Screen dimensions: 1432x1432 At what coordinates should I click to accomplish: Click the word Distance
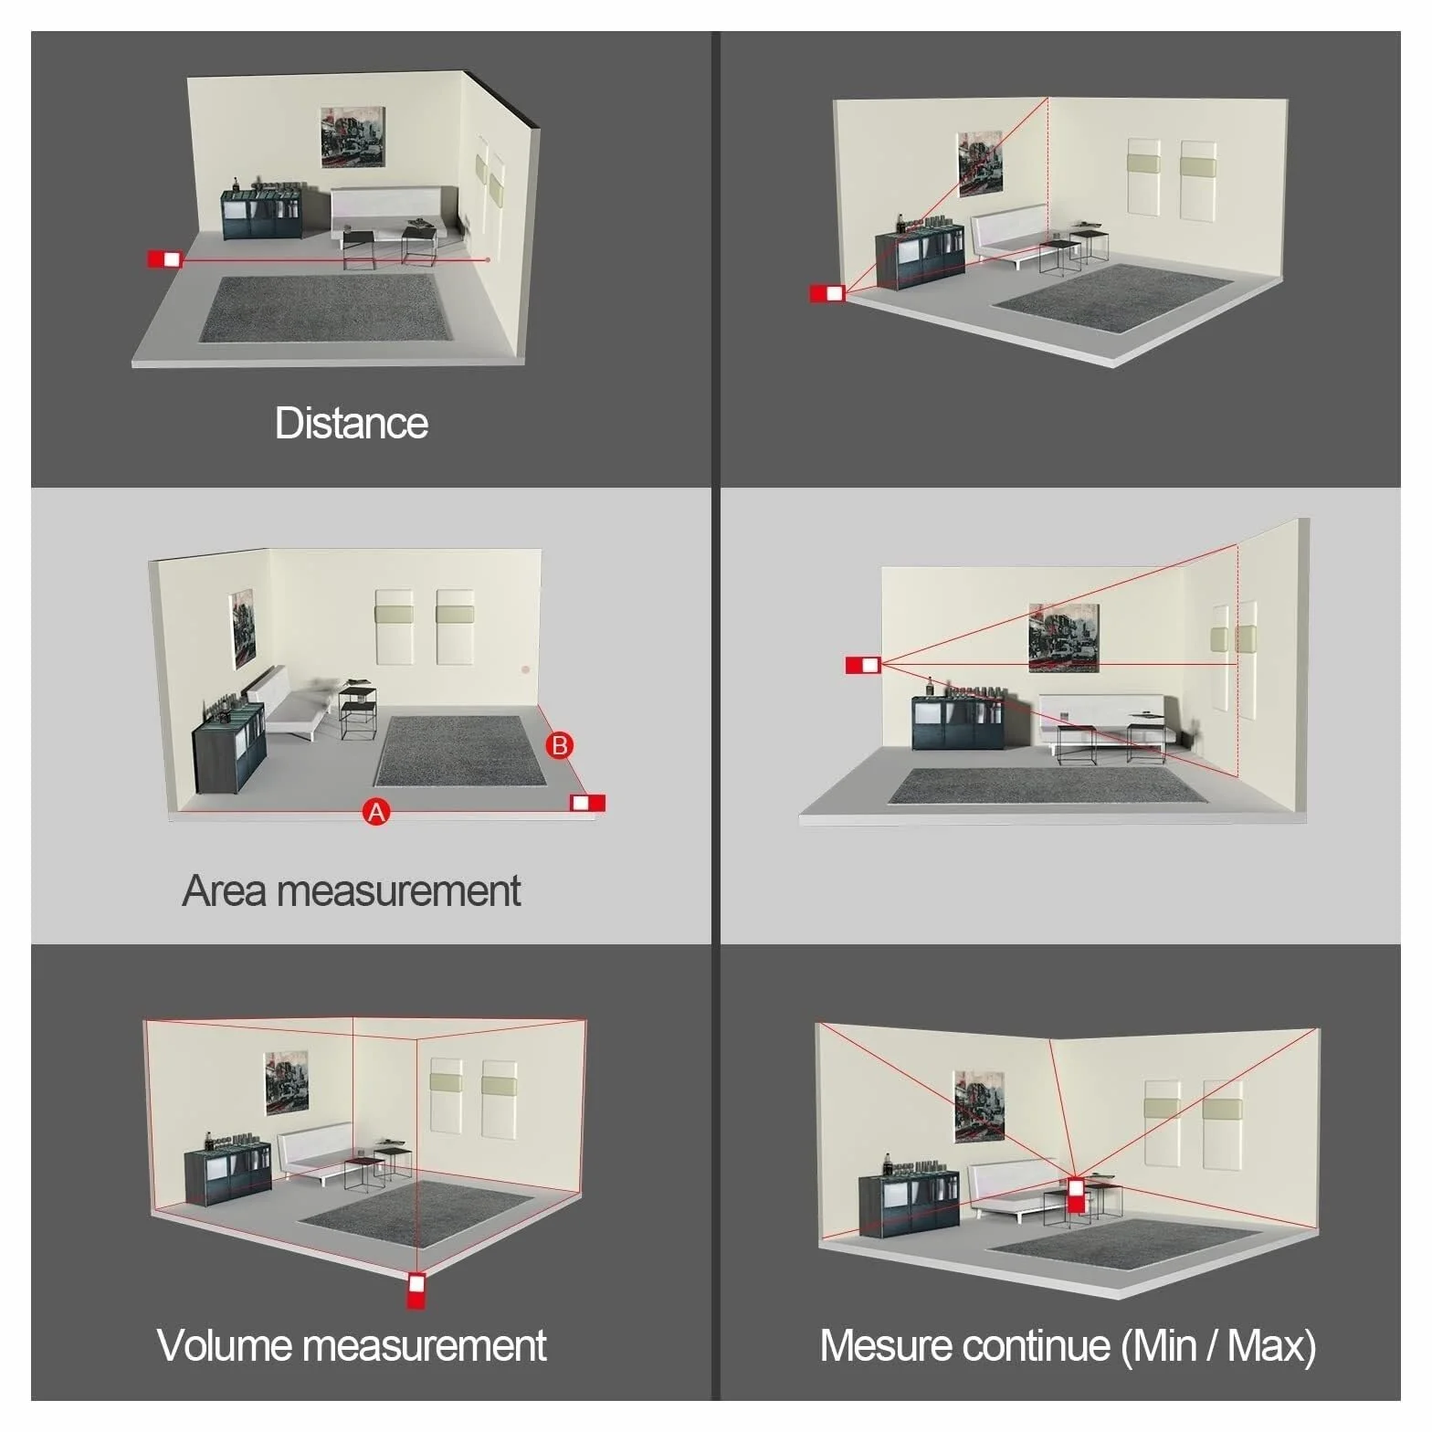[x=352, y=423]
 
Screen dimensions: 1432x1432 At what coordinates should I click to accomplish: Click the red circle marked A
[x=376, y=811]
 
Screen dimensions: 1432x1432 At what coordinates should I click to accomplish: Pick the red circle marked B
[x=560, y=745]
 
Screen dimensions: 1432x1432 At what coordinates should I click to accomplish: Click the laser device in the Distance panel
[x=165, y=259]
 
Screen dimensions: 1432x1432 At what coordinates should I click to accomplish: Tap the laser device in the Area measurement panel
[x=587, y=803]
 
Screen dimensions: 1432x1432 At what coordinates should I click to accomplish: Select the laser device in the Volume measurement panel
[x=416, y=1290]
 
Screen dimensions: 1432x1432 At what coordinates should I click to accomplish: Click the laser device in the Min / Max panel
[x=1077, y=1195]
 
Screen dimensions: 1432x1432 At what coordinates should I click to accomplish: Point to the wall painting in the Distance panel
[x=353, y=137]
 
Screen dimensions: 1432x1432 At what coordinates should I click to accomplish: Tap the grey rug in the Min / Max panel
[x=1124, y=1248]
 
